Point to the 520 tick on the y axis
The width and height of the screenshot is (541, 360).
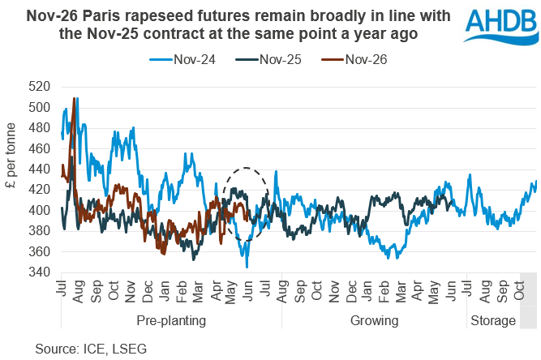pos(39,87)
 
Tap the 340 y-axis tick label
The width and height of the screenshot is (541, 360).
pos(39,272)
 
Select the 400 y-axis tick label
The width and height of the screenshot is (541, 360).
pos(39,211)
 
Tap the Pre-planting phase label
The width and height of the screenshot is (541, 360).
pos(170,321)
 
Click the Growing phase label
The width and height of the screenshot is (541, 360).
pos(374,321)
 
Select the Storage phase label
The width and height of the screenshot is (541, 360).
pos(492,321)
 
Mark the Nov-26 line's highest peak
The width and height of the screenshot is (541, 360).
pos(75,98)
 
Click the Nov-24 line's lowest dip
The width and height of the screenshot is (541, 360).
pos(247,267)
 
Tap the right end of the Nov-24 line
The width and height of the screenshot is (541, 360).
pos(536,182)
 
